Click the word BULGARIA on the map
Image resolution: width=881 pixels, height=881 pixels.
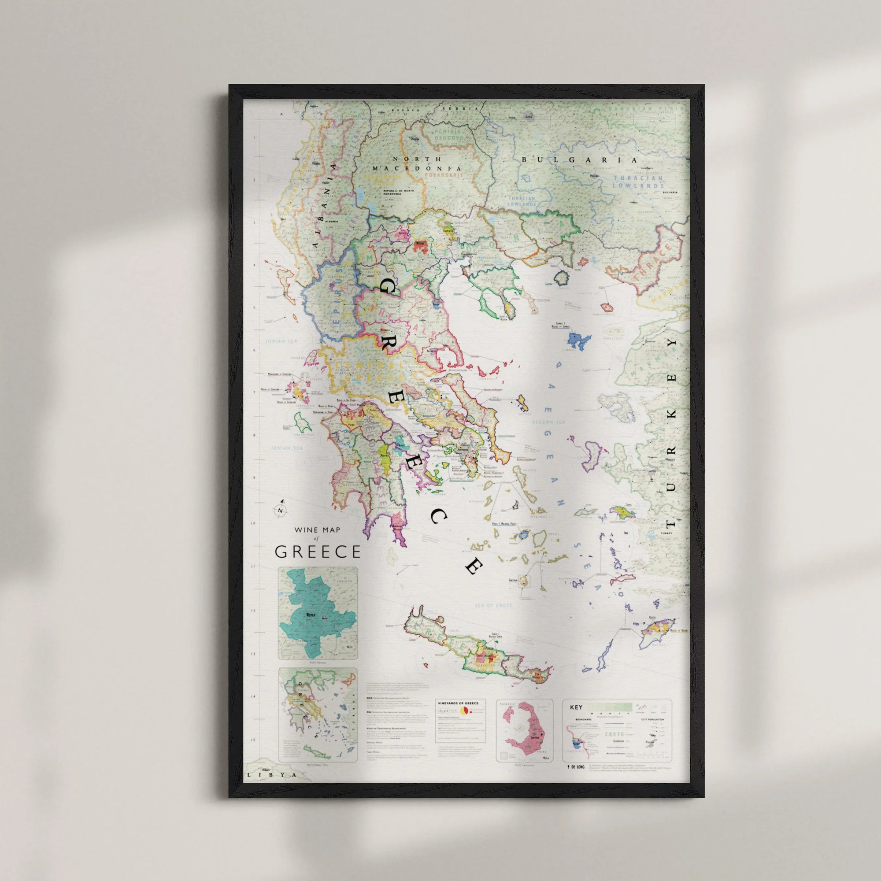(x=579, y=160)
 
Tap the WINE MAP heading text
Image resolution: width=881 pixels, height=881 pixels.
(x=317, y=530)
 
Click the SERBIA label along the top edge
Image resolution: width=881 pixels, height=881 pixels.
(x=464, y=109)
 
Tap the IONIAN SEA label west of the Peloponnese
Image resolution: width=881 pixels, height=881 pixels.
(x=285, y=448)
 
